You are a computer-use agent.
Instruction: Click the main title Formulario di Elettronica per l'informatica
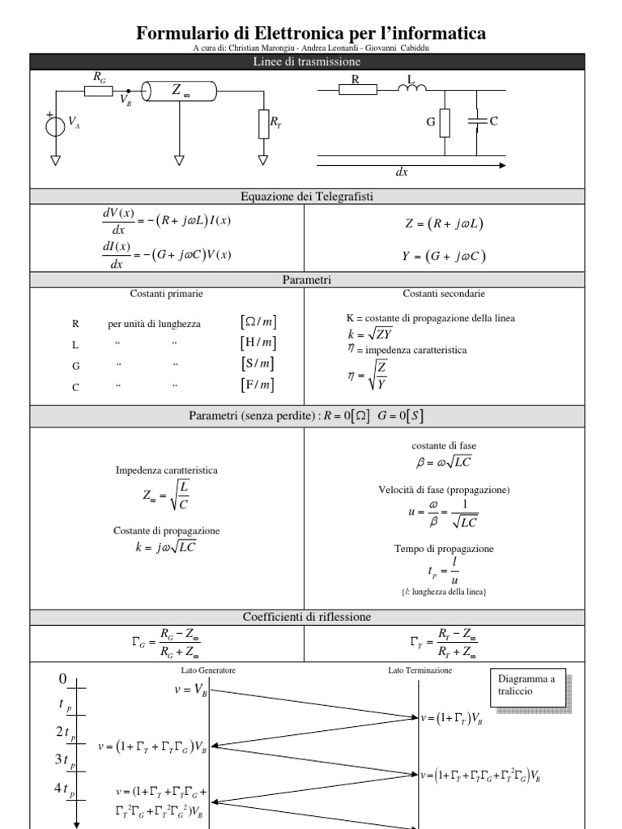pyautogui.click(x=311, y=33)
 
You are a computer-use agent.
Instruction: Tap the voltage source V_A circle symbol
pyautogui.click(x=55, y=125)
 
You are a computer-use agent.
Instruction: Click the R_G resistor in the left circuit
pyautogui.click(x=99, y=91)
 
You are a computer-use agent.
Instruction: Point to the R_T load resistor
pyautogui.click(x=262, y=124)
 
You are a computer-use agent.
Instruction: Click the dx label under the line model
pyautogui.click(x=402, y=173)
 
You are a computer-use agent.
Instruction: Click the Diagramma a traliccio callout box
pyautogui.click(x=529, y=686)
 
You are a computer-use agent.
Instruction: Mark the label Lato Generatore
pyautogui.click(x=208, y=670)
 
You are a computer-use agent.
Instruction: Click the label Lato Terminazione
pyautogui.click(x=420, y=670)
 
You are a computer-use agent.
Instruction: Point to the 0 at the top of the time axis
pyautogui.click(x=63, y=678)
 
